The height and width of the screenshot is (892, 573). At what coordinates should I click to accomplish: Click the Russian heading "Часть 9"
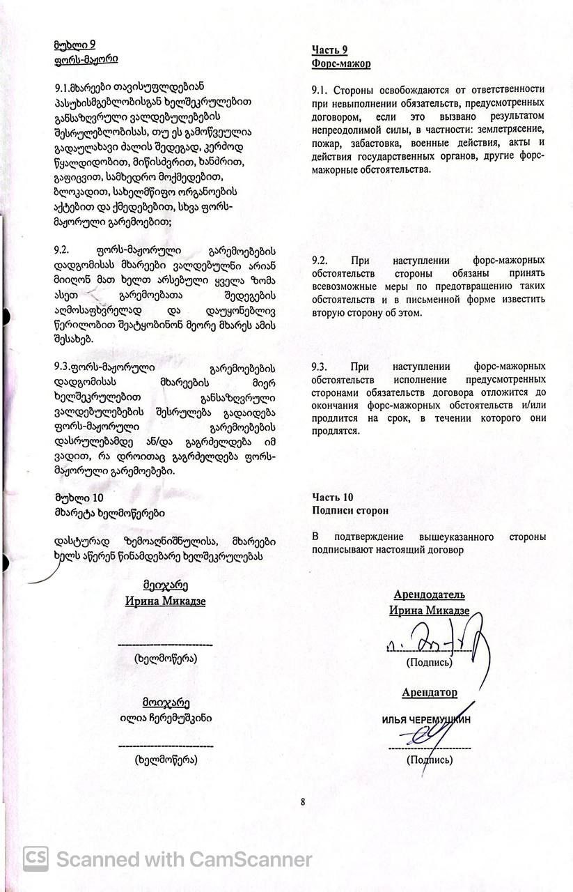click(x=329, y=49)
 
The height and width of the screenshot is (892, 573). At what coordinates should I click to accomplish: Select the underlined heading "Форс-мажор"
click(x=340, y=63)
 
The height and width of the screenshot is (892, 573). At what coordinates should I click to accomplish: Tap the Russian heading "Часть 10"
click(x=332, y=497)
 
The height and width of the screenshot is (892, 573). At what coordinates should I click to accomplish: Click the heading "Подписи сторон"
click(x=350, y=510)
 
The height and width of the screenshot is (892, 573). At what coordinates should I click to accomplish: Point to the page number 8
click(x=304, y=801)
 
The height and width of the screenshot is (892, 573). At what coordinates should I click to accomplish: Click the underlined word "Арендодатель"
click(x=429, y=595)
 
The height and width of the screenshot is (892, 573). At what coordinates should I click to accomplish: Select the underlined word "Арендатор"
click(x=429, y=693)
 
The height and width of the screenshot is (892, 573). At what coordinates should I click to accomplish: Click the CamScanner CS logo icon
click(x=36, y=859)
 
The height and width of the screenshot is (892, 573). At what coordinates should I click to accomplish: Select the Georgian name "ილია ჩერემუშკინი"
click(x=165, y=718)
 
